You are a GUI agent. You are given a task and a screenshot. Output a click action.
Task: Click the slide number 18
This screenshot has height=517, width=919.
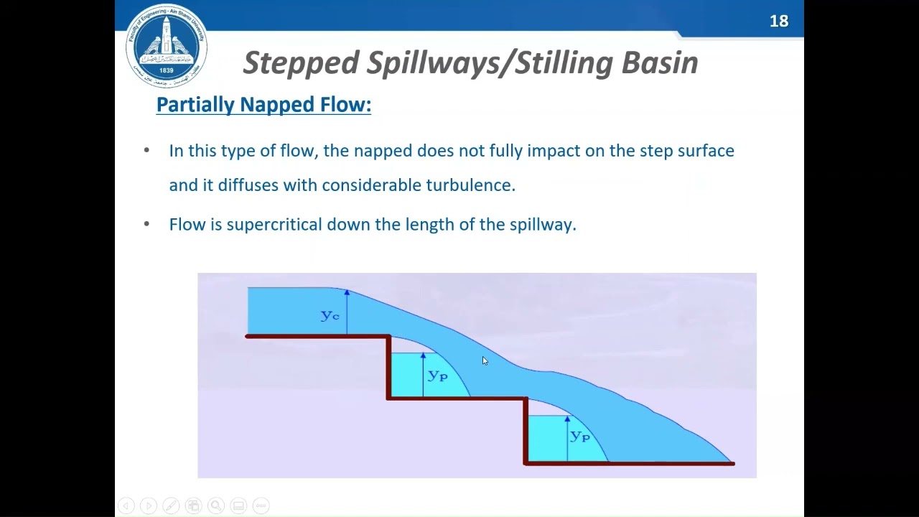pos(779,22)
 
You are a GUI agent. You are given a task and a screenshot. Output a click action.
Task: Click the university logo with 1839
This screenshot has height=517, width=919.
pos(167,45)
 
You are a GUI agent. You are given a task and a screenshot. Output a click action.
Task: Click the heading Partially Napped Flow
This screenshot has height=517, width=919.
pos(263,105)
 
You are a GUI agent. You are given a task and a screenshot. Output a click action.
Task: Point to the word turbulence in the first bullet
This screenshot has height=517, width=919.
pos(470,185)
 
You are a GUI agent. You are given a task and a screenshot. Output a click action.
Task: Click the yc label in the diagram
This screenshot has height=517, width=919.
pos(330,315)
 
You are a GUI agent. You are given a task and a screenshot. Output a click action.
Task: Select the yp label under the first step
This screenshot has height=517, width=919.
pos(437,375)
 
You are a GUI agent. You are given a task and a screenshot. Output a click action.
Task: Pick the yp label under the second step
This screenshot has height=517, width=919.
pos(579,435)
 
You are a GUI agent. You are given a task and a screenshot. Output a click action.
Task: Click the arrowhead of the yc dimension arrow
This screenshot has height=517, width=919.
pos(347,293)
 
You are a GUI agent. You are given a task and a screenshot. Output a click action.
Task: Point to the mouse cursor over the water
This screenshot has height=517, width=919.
pos(485,360)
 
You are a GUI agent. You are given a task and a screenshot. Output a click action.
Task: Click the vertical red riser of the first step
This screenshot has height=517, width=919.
pos(388,367)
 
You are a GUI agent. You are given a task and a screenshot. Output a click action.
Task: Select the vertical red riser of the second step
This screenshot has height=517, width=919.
pos(526,431)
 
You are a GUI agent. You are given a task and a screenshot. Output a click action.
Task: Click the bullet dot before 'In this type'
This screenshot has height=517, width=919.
pos(147,151)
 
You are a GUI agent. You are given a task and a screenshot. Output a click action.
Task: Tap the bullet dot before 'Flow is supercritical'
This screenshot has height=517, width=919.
pos(147,224)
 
